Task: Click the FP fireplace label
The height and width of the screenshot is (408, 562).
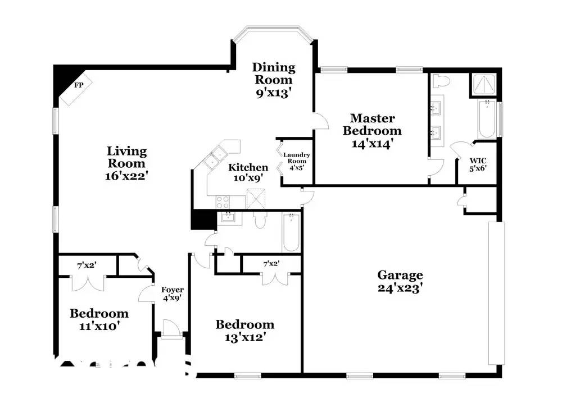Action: coord(79,85)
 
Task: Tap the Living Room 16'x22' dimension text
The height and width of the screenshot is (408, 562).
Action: coord(126,176)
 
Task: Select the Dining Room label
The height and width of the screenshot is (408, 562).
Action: coord(274,74)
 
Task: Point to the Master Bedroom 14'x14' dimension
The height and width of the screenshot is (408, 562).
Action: coord(373,144)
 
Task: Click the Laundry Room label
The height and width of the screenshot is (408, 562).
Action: coord(296,158)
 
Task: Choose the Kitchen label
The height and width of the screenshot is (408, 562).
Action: coord(248,167)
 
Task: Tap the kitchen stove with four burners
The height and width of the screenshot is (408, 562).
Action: coord(223,202)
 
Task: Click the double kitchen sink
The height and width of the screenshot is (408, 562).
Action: coord(214,159)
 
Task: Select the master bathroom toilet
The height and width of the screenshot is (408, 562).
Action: coord(441,81)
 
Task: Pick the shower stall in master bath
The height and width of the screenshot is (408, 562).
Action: coord(484,85)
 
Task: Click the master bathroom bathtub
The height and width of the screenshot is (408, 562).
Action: coord(487,120)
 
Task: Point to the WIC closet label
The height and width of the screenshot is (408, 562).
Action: coord(478,161)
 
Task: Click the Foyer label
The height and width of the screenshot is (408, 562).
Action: coord(173,290)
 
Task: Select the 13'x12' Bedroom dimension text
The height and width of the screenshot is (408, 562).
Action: coord(245,337)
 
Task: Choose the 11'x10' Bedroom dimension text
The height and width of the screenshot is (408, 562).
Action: coord(99,326)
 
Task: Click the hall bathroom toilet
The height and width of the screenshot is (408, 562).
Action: coord(260,220)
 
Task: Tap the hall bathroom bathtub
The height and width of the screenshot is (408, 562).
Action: coord(291,233)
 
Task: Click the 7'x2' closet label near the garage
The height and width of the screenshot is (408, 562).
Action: coord(271,264)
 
